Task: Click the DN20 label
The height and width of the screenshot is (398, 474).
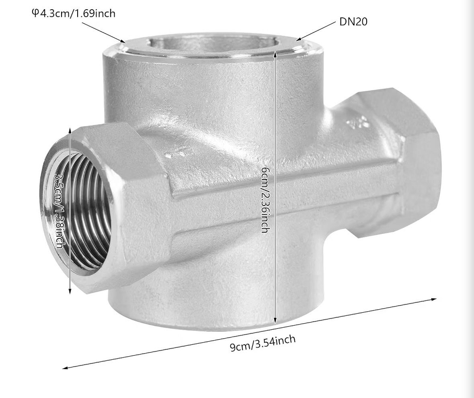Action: coord(353,22)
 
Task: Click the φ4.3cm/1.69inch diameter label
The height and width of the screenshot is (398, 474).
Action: coord(74,14)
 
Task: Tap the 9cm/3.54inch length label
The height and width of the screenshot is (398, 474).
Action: coord(263,343)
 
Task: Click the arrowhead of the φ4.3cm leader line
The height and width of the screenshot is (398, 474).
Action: coord(123,41)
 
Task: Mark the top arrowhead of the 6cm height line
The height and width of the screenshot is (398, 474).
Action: coord(275,54)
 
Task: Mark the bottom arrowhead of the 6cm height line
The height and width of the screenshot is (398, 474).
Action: coord(275,321)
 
